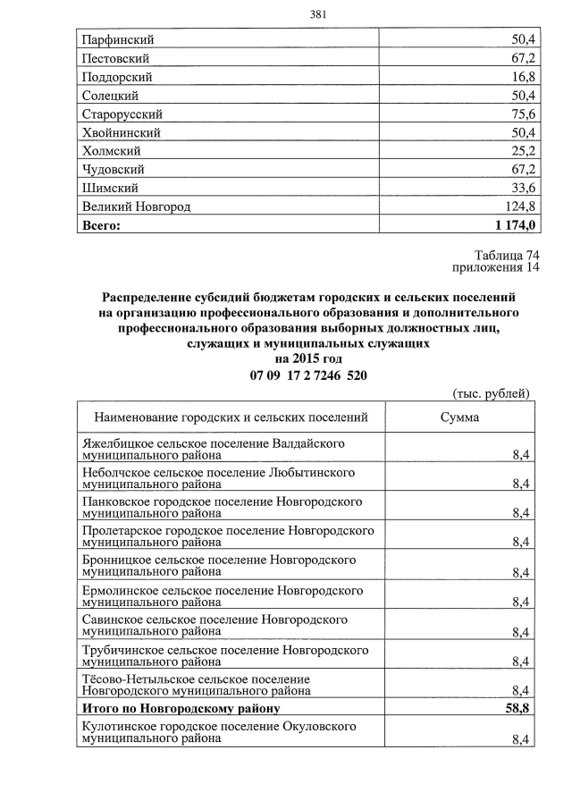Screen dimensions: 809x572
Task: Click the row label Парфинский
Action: click(118, 40)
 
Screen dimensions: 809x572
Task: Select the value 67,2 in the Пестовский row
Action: click(521, 59)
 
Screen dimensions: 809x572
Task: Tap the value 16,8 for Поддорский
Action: click(521, 78)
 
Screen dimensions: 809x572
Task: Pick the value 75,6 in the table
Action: click(521, 114)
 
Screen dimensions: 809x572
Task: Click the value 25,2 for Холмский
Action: click(521, 151)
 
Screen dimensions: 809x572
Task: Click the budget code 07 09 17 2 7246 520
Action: click(308, 375)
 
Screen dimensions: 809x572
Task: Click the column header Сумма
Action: click(459, 417)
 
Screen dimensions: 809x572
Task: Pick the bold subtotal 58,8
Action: click(519, 709)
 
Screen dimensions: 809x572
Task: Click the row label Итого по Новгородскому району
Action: click(181, 709)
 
